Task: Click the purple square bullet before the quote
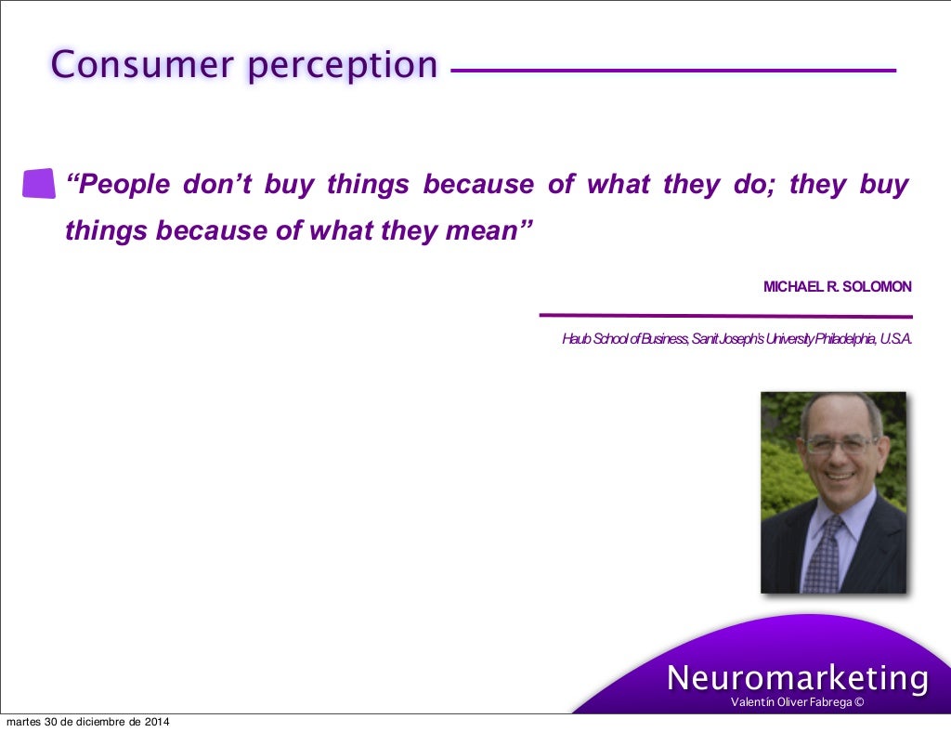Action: tap(38, 184)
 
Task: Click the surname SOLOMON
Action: tap(878, 287)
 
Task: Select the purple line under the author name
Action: tap(725, 316)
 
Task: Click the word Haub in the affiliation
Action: tap(576, 339)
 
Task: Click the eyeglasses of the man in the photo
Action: tap(840, 445)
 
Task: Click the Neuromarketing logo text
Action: tap(797, 678)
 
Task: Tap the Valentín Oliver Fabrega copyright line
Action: tap(797, 702)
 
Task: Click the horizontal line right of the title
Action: tap(673, 70)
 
